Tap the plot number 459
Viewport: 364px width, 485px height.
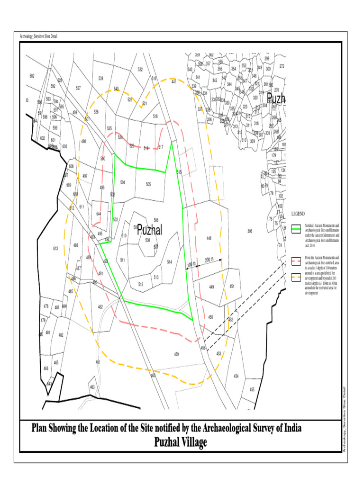(x=176, y=354)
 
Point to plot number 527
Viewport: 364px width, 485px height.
(x=78, y=88)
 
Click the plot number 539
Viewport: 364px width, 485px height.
(x=101, y=78)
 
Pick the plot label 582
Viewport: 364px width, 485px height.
(x=32, y=76)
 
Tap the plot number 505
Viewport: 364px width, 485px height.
(x=148, y=184)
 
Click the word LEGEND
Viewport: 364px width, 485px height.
(x=299, y=214)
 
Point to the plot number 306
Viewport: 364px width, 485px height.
(x=250, y=231)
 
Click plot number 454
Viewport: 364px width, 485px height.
(x=236, y=376)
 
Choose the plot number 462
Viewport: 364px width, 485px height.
(x=100, y=307)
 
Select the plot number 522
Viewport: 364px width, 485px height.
(x=140, y=70)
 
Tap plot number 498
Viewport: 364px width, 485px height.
(x=83, y=141)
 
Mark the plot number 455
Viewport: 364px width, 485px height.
(x=252, y=389)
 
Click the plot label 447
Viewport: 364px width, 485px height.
(x=174, y=81)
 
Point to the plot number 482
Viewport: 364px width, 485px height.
(x=61, y=334)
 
